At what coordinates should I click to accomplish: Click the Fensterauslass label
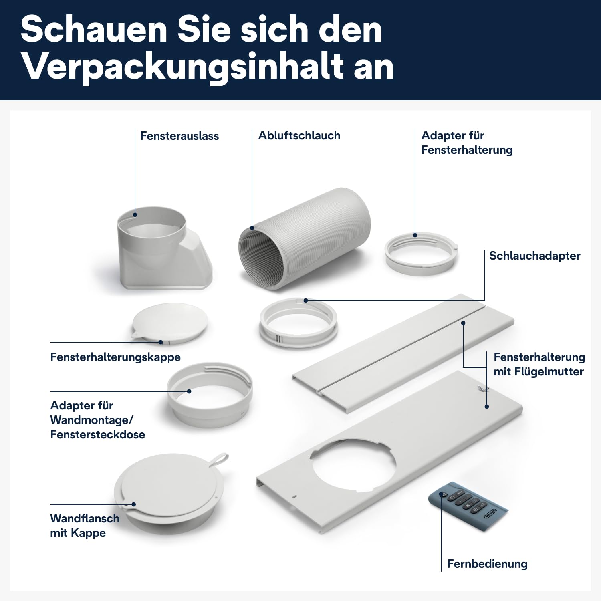coord(179,136)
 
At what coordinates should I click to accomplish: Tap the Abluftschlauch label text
coord(299,136)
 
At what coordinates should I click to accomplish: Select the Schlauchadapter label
coord(534,256)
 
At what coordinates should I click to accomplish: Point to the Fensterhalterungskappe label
coord(115,357)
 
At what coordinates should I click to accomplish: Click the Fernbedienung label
coord(487,564)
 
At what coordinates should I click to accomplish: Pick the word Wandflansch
coord(85,519)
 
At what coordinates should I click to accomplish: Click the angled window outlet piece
coord(162,250)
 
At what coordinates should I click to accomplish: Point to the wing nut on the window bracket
coord(480,387)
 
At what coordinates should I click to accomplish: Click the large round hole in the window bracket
coord(353,465)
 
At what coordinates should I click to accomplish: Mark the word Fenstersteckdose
coord(98,435)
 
